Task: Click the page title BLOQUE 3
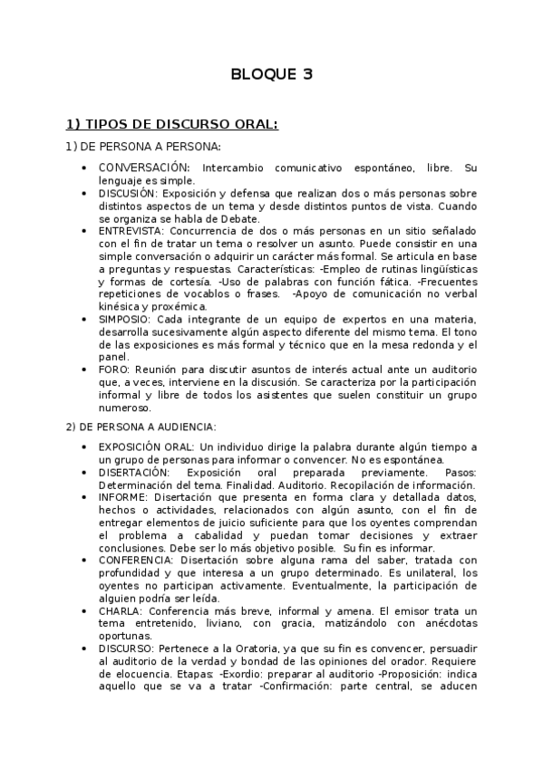pos(271,75)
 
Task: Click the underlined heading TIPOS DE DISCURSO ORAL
pos(171,124)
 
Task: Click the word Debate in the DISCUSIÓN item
pos(241,218)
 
